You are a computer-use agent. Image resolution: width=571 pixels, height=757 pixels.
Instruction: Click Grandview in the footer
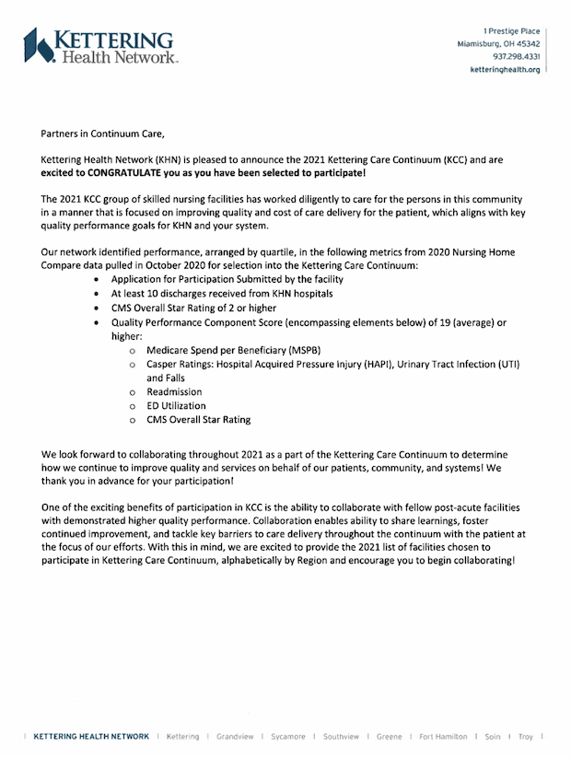pyautogui.click(x=235, y=737)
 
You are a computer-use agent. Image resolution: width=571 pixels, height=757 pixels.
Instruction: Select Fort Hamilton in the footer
pyautogui.click(x=443, y=737)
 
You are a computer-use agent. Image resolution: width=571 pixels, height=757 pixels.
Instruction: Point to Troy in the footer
pyautogui.click(x=526, y=737)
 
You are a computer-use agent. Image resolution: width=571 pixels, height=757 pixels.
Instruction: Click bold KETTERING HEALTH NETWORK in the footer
pyautogui.click(x=90, y=737)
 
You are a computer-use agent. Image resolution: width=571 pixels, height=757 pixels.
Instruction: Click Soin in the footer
pyautogui.click(x=492, y=737)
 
